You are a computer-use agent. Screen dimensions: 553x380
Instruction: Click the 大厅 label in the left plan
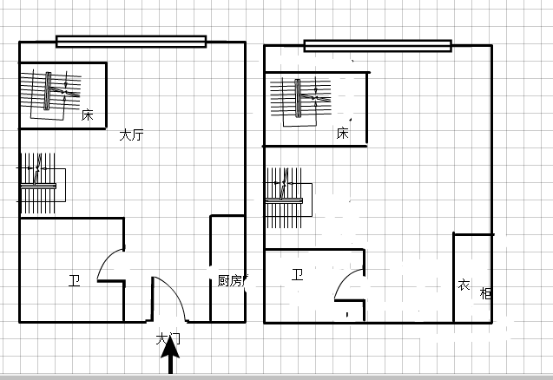(x=131, y=135)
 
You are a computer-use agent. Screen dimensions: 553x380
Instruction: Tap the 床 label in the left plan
(x=87, y=115)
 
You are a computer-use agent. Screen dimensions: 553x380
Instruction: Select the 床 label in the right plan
(x=342, y=134)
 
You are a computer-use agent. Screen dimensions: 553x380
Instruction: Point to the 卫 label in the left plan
(x=75, y=280)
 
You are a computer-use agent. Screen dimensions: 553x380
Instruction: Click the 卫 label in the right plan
(x=297, y=274)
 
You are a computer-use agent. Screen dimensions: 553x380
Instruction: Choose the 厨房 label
(x=231, y=280)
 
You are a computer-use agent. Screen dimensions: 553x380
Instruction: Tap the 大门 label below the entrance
(x=168, y=339)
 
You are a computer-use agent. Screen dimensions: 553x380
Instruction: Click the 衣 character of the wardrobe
(x=464, y=285)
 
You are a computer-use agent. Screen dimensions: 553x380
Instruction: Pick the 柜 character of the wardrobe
(x=485, y=293)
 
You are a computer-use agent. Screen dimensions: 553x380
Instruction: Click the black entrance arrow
(x=170, y=354)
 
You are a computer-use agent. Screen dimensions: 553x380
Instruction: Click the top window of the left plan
(x=131, y=42)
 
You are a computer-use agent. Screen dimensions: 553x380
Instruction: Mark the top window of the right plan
(x=378, y=46)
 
